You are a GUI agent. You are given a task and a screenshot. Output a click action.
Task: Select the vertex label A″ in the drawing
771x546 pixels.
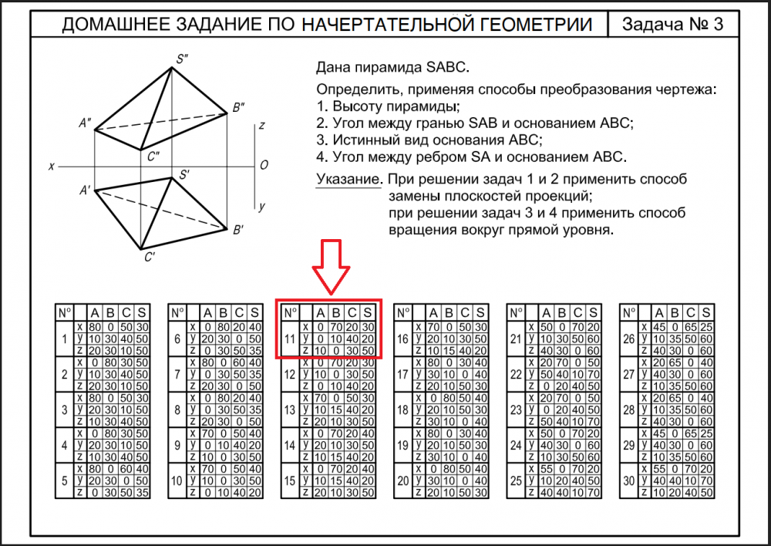[x=85, y=122]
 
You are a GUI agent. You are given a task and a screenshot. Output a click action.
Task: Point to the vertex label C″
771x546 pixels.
[x=153, y=157]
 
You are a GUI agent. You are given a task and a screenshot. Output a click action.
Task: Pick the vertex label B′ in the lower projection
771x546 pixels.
[x=238, y=229]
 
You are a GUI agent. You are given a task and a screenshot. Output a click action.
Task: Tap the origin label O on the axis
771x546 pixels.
[x=264, y=165]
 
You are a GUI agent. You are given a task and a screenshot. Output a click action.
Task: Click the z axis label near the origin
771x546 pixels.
[x=262, y=125]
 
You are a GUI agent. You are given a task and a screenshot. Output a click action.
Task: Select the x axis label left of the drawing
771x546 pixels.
[x=51, y=166]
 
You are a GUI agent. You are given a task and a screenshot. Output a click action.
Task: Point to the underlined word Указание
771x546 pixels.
[x=348, y=180]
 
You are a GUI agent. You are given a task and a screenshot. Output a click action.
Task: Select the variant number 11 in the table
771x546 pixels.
[x=289, y=339]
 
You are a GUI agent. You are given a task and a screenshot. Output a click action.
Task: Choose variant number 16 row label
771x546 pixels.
[x=402, y=339]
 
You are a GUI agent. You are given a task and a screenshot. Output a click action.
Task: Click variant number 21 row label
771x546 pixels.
[x=515, y=339]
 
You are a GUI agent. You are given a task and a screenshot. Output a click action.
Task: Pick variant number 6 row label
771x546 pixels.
[x=178, y=339]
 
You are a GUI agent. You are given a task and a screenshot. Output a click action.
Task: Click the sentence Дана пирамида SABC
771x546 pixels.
[x=392, y=67]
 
